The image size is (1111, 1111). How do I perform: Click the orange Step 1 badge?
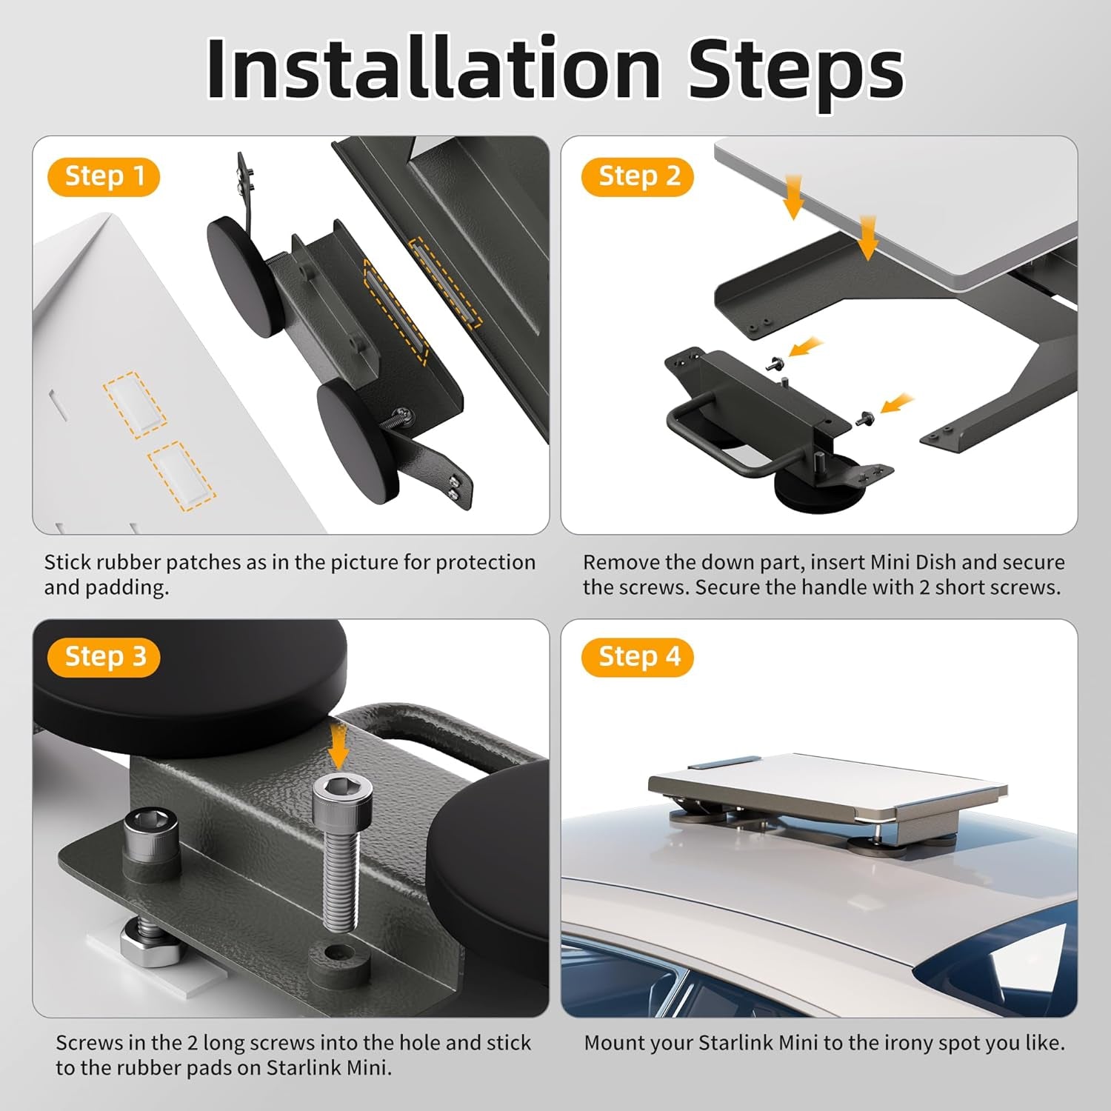tap(104, 177)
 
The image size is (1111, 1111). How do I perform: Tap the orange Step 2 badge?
tap(638, 177)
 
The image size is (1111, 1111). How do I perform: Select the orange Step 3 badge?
tap(104, 657)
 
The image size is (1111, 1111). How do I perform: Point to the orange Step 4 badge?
tap(638, 657)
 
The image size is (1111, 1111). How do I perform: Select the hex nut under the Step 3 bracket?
tap(149, 949)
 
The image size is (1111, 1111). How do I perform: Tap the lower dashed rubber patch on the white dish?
tap(181, 475)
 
